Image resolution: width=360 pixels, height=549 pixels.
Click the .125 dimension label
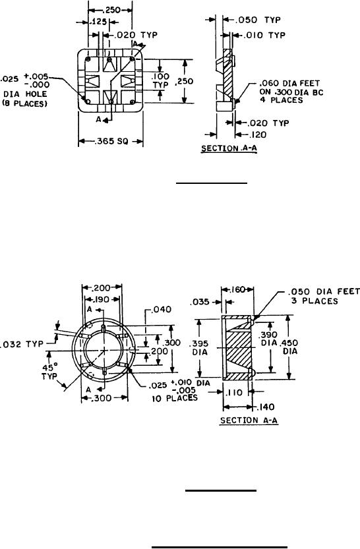(98, 22)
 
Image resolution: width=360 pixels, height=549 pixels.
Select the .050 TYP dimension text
(258, 20)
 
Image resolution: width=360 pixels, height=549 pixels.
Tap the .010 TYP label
(262, 35)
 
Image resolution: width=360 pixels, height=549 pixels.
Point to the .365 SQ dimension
(111, 141)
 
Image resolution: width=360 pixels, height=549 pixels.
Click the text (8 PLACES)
(24, 104)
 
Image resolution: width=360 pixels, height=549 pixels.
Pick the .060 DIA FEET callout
(289, 84)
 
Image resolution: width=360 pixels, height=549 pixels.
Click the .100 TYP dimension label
(160, 80)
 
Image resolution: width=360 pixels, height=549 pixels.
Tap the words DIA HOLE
(25, 94)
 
